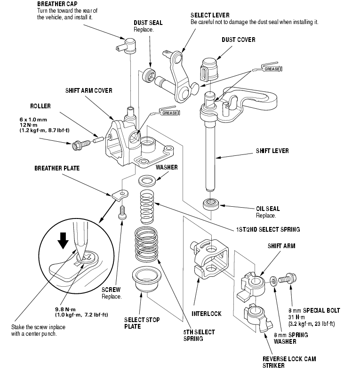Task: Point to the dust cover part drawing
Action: click(x=210, y=69)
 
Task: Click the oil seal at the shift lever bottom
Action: click(x=211, y=205)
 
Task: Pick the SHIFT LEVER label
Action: click(x=272, y=151)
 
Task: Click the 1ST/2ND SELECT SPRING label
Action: click(x=268, y=229)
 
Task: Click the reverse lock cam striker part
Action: click(x=255, y=316)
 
